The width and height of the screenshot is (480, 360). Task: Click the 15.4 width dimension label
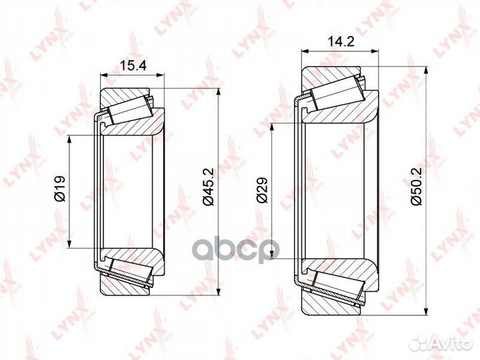(x=133, y=66)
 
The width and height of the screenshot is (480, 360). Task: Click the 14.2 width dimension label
(x=341, y=41)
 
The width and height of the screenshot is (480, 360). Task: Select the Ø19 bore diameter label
(x=60, y=189)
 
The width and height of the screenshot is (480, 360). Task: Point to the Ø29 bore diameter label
(x=263, y=191)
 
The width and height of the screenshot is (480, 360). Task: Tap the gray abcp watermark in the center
(x=236, y=251)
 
